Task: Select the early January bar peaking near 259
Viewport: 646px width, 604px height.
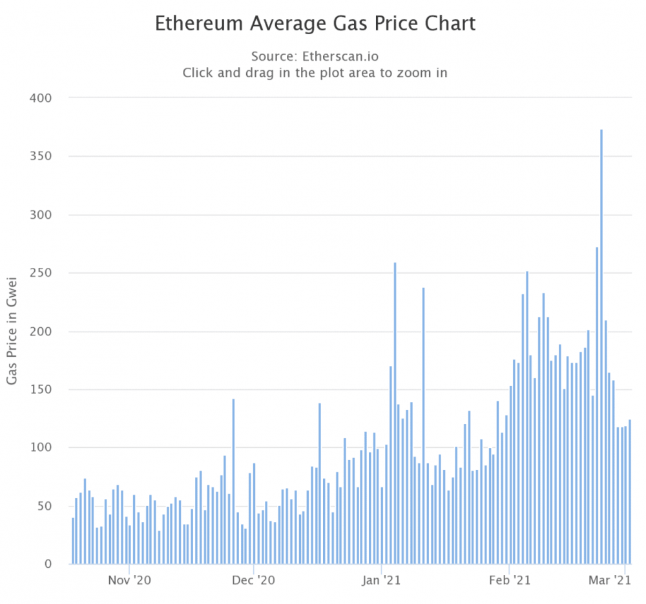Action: [395, 413]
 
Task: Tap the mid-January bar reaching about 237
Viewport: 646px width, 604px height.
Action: [424, 426]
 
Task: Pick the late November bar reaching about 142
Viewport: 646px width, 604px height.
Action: [233, 481]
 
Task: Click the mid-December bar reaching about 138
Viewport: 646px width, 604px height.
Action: [319, 484]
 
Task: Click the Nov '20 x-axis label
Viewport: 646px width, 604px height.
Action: [129, 581]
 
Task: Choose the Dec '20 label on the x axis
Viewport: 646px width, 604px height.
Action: [254, 581]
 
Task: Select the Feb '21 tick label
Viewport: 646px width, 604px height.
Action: [510, 581]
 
